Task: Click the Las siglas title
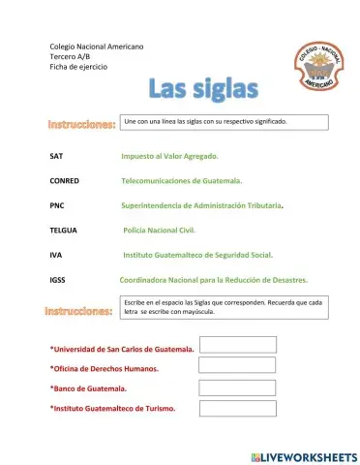203,89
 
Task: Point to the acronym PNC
57,206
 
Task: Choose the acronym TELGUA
63,231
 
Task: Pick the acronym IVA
56,256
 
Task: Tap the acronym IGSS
58,280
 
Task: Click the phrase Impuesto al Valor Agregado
169,156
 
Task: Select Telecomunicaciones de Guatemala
181,181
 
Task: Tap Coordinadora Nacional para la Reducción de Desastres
213,280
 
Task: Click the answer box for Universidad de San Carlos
237,345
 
